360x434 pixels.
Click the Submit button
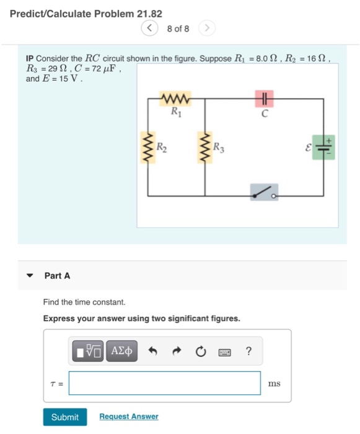[x=64, y=417]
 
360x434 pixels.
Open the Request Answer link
[x=128, y=417]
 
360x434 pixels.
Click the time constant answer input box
[x=164, y=383]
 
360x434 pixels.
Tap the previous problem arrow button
[x=149, y=29]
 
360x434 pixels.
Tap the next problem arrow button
[x=208, y=29]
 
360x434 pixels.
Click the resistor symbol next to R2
[x=147, y=148]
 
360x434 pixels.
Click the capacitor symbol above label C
[x=265, y=99]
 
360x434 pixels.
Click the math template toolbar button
[x=89, y=351]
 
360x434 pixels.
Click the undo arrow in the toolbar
[x=153, y=352]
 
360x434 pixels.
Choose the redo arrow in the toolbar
[x=177, y=352]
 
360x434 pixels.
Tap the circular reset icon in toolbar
[x=200, y=352]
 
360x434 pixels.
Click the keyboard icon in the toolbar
[x=224, y=352]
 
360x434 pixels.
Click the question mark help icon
[x=248, y=352]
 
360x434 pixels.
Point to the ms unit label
[x=274, y=384]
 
